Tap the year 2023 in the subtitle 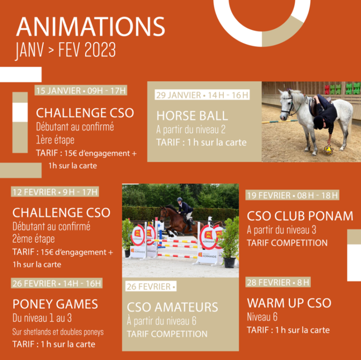[100, 50]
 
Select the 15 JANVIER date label [81, 91]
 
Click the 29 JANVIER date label [202, 95]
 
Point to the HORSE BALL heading [192, 116]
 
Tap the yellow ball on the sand [328, 150]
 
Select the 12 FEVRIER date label [55, 192]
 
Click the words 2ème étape [34, 239]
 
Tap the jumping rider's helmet [180, 199]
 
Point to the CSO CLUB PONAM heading [300, 216]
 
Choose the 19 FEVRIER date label [292, 195]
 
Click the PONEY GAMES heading [55, 304]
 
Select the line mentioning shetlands [58, 332]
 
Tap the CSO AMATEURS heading [172, 307]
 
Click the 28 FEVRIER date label [278, 282]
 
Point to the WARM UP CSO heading [289, 303]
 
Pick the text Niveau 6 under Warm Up [262, 317]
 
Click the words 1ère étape [55, 140]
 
